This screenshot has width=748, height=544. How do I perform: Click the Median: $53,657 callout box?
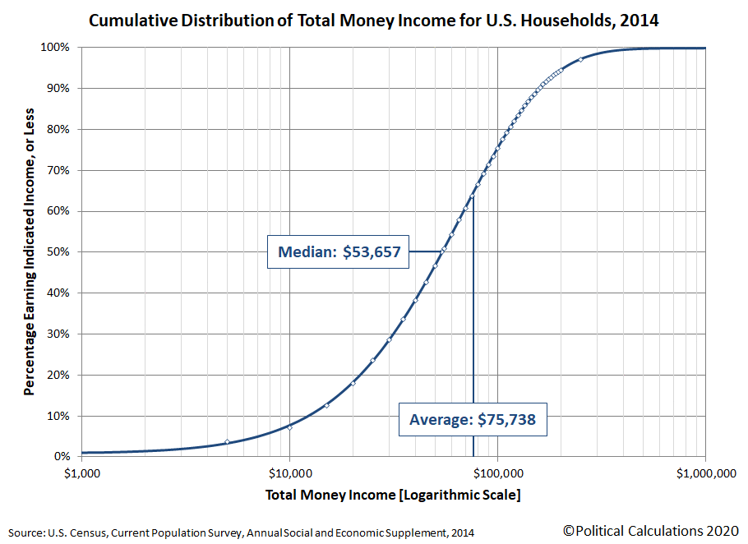(x=339, y=252)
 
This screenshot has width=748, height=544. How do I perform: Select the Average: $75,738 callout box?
(x=472, y=419)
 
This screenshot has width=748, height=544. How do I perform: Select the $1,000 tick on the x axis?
(x=81, y=473)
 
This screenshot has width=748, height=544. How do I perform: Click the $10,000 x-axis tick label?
(x=289, y=473)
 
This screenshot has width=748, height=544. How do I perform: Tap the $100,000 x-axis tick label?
(x=497, y=473)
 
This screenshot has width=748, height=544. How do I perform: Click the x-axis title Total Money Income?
(x=393, y=496)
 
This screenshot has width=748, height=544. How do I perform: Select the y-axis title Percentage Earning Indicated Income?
(x=30, y=251)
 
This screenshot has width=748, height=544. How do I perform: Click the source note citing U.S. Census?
(x=242, y=532)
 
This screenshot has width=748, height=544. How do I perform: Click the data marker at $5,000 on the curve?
(x=227, y=442)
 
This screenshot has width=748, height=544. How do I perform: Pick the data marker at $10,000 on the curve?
(x=289, y=427)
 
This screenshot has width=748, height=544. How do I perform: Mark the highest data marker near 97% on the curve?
(x=580, y=59)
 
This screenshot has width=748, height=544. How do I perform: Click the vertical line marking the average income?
(x=473, y=329)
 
